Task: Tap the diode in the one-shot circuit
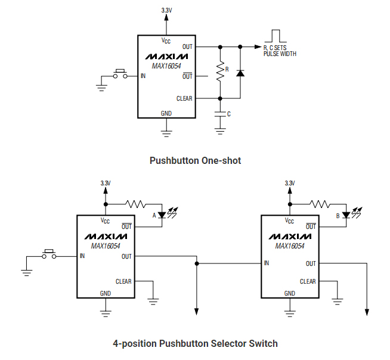pyautogui.click(x=240, y=73)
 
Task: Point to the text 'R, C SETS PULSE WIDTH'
pyautogui.click(x=280, y=51)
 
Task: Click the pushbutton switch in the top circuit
pyautogui.click(x=120, y=75)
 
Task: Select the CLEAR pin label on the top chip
pyautogui.click(x=184, y=98)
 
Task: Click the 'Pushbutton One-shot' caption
pyautogui.click(x=195, y=160)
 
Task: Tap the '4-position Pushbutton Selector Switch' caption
pyautogui.click(x=195, y=343)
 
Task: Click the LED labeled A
pyautogui.click(x=162, y=215)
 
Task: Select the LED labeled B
pyautogui.click(x=346, y=215)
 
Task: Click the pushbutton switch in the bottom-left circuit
pyautogui.click(x=49, y=255)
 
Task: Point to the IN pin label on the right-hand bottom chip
pyautogui.click(x=267, y=263)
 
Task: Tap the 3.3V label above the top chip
pyautogui.click(x=166, y=10)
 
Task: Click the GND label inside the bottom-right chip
pyautogui.click(x=289, y=293)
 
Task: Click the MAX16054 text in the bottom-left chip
pyautogui.click(x=106, y=246)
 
